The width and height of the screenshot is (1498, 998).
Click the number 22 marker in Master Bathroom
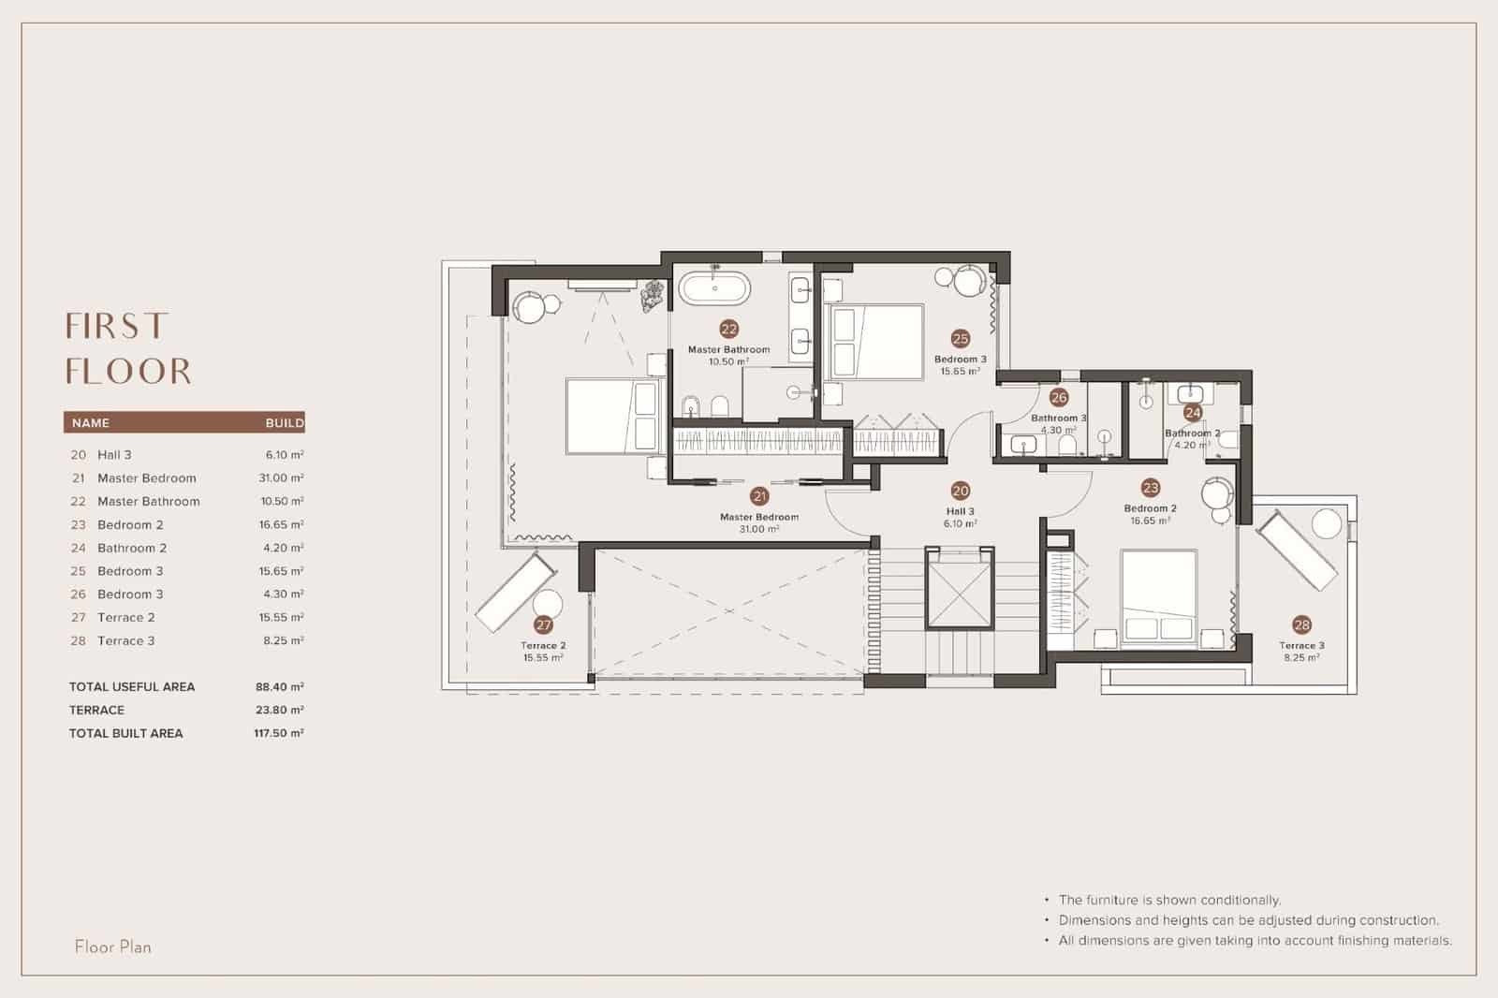pos(728,329)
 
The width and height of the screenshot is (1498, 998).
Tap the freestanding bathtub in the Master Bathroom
pos(714,287)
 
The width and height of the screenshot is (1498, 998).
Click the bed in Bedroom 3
pos(874,341)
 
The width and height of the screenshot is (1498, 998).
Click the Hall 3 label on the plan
pos(960,511)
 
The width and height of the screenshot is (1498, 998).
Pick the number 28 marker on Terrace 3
pos(1301,624)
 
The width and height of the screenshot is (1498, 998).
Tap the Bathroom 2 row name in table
pos(132,548)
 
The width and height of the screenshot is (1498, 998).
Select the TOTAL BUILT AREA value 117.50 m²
pos(278,733)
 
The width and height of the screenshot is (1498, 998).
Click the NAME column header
pos(91,422)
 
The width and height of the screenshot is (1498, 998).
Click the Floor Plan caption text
pos(112,947)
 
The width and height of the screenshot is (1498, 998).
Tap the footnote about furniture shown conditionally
pos(1168,900)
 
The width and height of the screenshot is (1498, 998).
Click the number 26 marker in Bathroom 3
pos(1058,398)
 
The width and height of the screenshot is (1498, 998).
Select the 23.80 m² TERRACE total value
pos(279,710)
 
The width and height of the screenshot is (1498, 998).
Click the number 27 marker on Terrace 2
pos(543,624)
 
